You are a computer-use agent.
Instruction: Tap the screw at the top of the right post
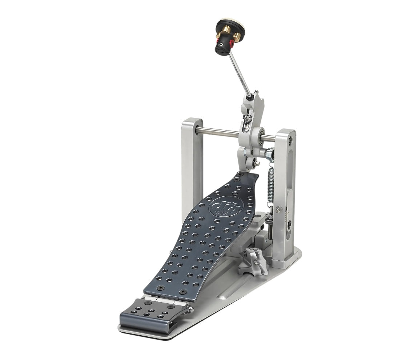click(290, 139)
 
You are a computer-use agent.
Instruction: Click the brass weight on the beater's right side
click(237, 36)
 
